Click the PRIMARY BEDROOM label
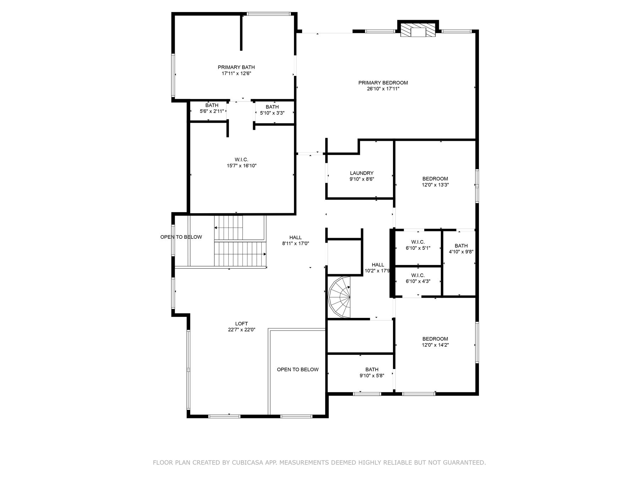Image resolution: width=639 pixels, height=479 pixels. point(383,83)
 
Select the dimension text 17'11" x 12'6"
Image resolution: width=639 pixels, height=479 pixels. point(236,73)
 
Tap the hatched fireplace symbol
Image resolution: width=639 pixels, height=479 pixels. point(418,31)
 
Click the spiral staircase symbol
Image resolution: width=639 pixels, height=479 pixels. point(340,297)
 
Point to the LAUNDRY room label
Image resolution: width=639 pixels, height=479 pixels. point(361,173)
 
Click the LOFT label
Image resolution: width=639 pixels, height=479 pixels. point(241,324)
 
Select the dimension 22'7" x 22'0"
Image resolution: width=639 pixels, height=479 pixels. point(241,330)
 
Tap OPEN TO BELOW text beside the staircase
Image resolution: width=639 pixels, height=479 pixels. point(181,237)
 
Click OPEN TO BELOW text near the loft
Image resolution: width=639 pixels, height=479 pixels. point(297,369)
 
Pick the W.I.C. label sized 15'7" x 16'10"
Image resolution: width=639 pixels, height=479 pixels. point(241,159)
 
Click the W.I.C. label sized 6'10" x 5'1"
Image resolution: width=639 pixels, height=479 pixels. point(418,242)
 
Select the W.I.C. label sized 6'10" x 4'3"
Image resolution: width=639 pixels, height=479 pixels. point(418,275)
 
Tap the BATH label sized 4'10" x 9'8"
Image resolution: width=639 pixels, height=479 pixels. point(461,246)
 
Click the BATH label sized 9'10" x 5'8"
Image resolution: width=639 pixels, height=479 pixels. point(372,369)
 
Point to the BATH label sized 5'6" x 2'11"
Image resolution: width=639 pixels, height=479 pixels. point(212,105)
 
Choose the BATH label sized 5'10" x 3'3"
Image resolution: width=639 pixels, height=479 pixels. point(272,107)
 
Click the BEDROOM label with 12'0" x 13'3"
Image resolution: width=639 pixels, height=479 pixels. point(435,178)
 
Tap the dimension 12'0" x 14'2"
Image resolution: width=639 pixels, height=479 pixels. point(435,345)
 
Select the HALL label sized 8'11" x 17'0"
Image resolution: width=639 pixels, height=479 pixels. point(295,237)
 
